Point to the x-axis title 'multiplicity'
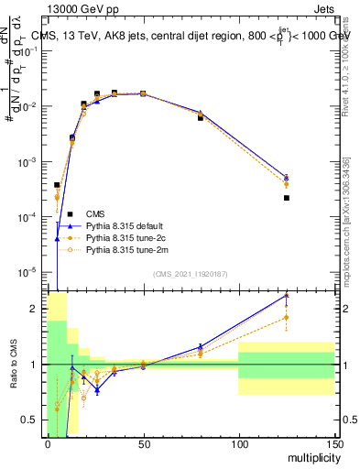309,457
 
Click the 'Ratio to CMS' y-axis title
14,365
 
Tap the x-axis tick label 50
143,443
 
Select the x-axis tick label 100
238,443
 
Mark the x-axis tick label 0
48,443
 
